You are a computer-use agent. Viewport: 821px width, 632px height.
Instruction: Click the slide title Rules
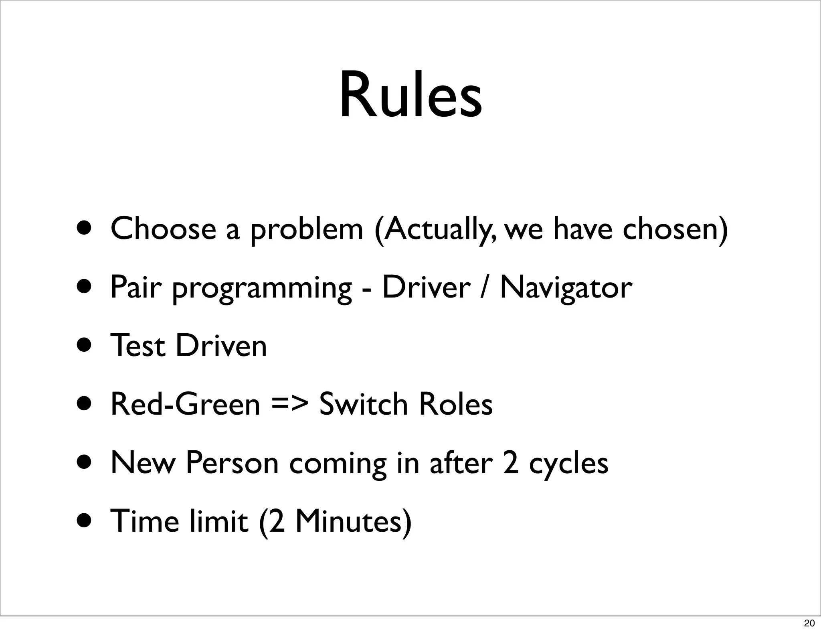pyautogui.click(x=410, y=96)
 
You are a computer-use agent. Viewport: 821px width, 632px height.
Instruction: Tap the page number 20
pyautogui.click(x=809, y=623)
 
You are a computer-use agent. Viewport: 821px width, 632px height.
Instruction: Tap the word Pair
pyautogui.click(x=135, y=288)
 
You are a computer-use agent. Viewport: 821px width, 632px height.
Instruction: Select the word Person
pyautogui.click(x=233, y=463)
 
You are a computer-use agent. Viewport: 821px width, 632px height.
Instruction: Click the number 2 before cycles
pyautogui.click(x=510, y=463)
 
